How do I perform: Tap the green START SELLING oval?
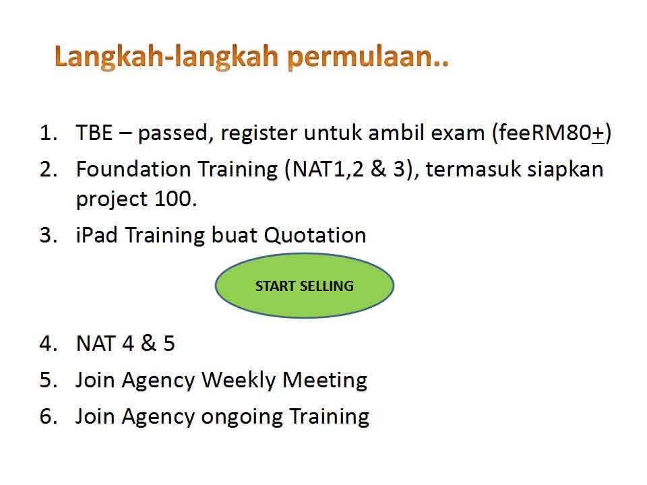coord(305,286)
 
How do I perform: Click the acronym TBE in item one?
coord(94,133)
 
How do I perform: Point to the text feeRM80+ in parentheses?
coord(551,133)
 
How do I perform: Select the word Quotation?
coord(315,236)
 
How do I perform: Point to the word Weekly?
coord(238,381)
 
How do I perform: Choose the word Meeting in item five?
coord(325,381)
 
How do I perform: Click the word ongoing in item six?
coord(242,417)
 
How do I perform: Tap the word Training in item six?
coord(330,417)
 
